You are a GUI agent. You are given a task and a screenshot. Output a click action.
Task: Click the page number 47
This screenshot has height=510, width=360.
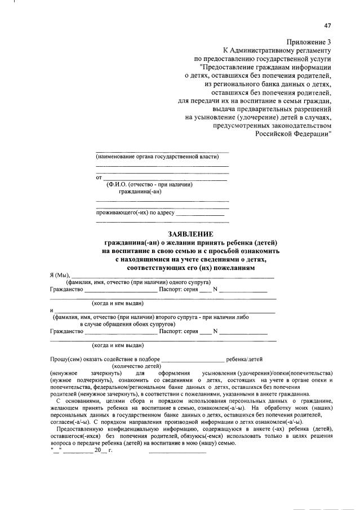tap(328, 26)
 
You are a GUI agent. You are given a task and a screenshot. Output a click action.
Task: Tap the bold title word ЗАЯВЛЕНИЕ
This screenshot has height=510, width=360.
tap(191, 234)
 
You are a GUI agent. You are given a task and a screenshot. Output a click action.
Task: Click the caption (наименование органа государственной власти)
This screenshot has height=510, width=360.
tap(157, 156)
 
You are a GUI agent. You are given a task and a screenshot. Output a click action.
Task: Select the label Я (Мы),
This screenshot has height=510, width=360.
tap(60, 274)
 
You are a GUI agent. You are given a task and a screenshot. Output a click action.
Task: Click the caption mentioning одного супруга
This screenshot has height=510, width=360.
tap(138, 282)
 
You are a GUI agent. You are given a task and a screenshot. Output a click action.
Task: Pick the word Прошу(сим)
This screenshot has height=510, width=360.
tap(64, 358)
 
